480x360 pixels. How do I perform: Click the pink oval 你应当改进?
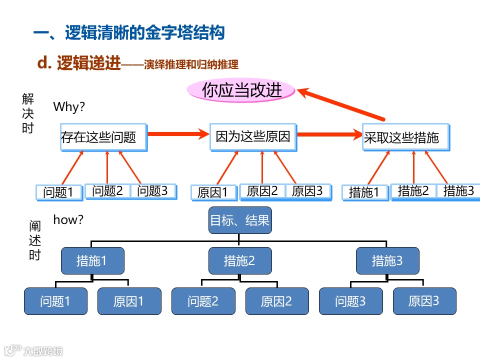(x=241, y=90)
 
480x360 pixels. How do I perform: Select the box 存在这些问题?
(x=103, y=136)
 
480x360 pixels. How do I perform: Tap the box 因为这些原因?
(x=253, y=136)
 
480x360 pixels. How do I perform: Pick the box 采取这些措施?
(x=406, y=136)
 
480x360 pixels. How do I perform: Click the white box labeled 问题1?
(x=59, y=192)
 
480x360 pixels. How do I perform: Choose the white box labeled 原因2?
(x=262, y=191)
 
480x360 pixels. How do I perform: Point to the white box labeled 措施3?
(x=458, y=191)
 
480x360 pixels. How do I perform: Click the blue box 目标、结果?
(x=240, y=220)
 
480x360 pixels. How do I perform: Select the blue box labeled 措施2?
(x=240, y=260)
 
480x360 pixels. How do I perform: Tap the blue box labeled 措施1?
(x=92, y=260)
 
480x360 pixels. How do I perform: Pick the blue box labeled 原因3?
(x=424, y=301)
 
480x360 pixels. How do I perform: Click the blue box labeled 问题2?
(x=203, y=301)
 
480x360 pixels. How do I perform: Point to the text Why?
(x=69, y=106)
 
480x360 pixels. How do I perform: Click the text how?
(x=68, y=219)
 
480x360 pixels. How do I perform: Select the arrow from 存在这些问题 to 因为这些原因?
(x=178, y=133)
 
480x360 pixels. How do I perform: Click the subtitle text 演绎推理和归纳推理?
(x=190, y=64)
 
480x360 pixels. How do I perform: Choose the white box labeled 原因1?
(x=213, y=192)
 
